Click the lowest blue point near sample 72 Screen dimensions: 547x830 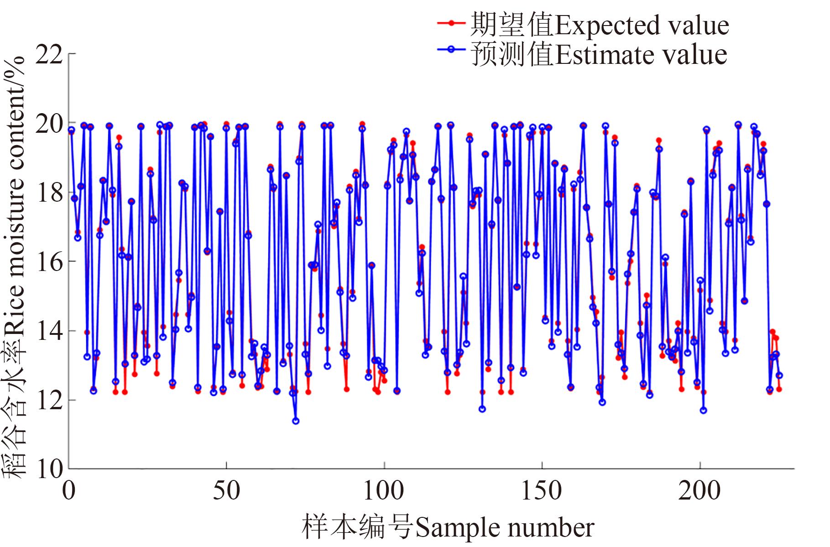296,421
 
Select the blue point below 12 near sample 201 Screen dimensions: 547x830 703,411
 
